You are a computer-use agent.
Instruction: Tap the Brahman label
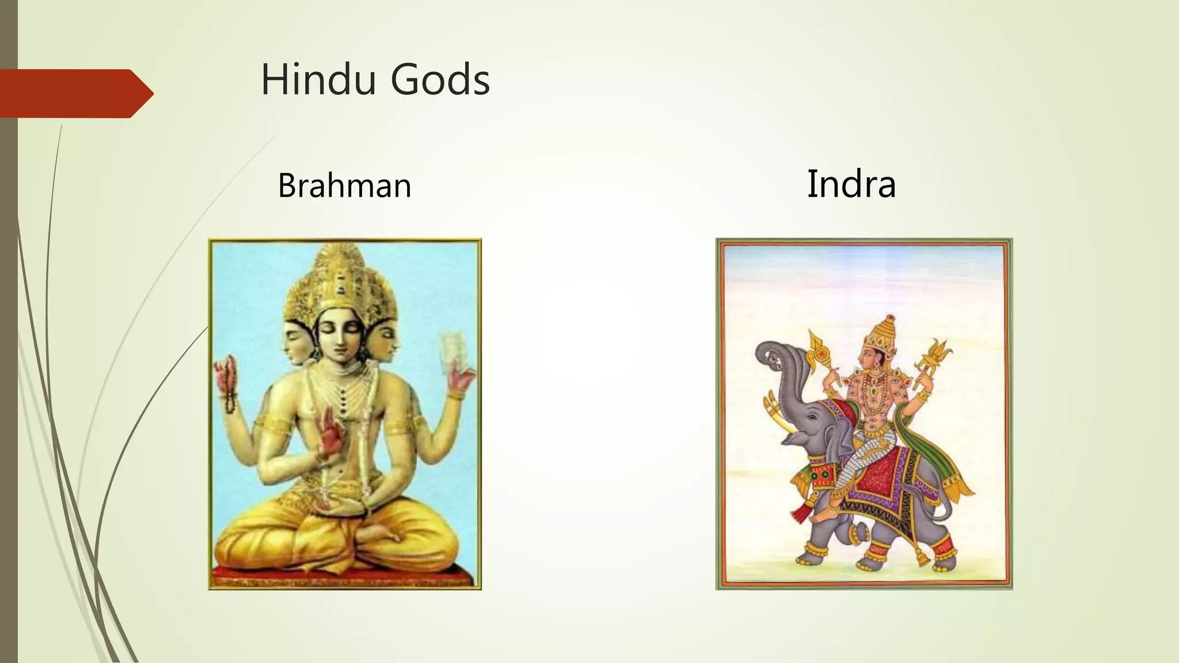point(344,185)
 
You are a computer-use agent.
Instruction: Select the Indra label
point(851,184)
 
